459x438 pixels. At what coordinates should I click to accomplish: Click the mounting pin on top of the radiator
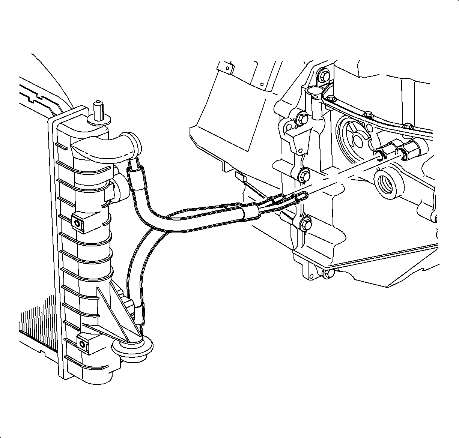(98, 108)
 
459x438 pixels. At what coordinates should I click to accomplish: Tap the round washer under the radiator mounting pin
(98, 120)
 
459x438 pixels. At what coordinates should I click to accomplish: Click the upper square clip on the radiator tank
(79, 222)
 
